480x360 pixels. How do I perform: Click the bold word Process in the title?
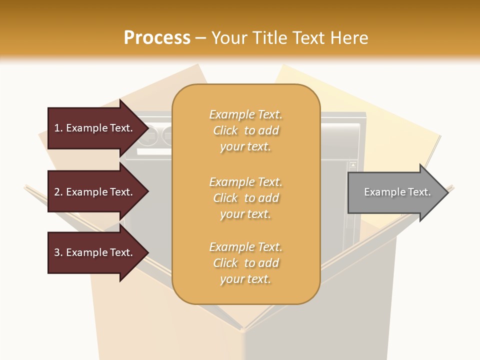157,38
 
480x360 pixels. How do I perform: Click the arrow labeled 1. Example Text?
95,128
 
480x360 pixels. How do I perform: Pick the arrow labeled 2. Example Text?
95,192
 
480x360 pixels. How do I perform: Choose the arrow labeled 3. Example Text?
95,252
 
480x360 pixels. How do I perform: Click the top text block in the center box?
245,130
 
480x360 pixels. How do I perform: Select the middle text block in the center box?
245,198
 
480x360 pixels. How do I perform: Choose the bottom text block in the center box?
245,263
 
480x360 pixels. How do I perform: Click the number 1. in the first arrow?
58,128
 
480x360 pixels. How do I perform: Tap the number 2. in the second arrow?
58,192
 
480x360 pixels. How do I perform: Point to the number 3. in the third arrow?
58,252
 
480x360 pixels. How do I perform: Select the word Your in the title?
228,38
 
